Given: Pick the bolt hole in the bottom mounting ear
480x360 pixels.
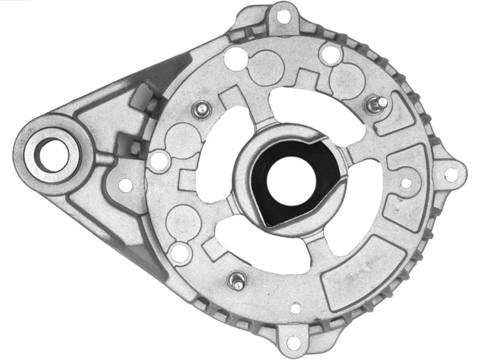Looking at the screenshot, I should (293, 343).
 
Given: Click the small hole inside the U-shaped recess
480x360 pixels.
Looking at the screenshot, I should (405, 183).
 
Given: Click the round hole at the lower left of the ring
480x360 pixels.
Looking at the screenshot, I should (180, 253).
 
